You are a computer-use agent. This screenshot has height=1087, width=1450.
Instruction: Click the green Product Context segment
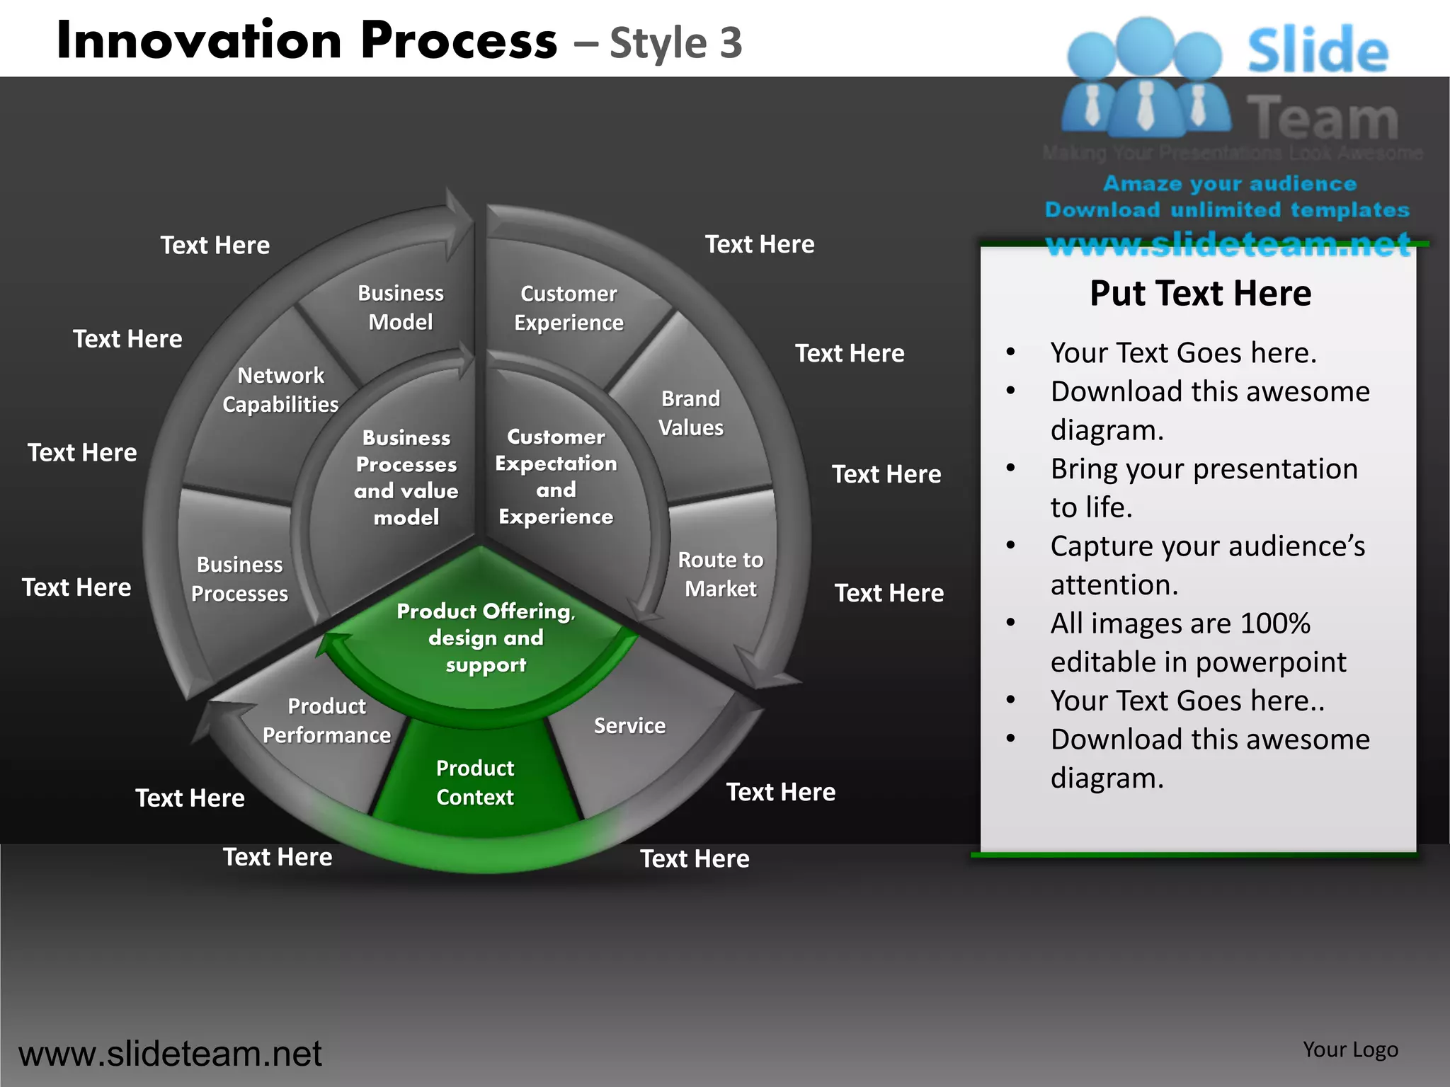point(475,782)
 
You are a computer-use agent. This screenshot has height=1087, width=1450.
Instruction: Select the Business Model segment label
point(401,308)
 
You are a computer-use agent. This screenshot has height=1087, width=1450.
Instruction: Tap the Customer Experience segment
point(569,308)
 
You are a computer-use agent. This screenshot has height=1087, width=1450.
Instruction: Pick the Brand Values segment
point(691,413)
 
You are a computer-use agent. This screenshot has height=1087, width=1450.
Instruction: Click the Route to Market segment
point(721,574)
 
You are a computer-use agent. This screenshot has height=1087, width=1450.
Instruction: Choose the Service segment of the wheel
point(629,726)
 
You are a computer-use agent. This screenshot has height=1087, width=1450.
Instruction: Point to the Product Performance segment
point(326,720)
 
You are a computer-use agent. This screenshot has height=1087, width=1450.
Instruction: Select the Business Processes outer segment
point(239,579)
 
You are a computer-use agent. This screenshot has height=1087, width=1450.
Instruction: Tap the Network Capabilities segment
point(280,390)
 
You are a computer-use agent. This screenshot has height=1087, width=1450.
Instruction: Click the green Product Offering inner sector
point(486,637)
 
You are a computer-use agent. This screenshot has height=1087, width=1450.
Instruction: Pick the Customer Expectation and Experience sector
point(556,476)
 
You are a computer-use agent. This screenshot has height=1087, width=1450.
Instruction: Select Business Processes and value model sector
point(406,477)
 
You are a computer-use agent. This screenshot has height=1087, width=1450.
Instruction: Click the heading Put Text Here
point(1200,293)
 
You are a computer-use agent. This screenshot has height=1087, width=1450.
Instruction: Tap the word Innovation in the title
point(200,40)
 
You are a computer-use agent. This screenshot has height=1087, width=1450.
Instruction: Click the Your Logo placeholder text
point(1350,1049)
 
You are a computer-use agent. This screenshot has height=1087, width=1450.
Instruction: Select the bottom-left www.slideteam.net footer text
point(170,1054)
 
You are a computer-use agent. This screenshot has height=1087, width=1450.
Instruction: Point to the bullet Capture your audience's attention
point(1207,565)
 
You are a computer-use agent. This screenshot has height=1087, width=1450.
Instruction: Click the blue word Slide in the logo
point(1318,51)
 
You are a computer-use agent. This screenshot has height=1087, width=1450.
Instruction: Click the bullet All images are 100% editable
point(1198,643)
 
